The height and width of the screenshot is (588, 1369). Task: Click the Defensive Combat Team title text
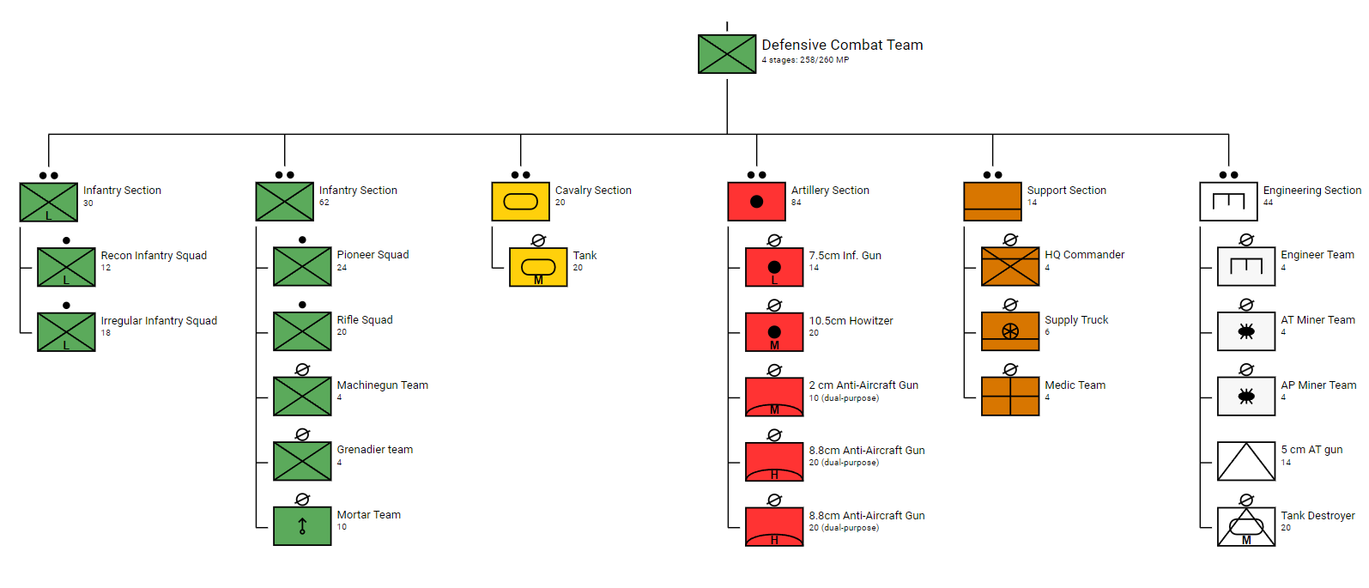click(x=842, y=45)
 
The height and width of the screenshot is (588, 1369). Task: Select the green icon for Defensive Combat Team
click(x=727, y=54)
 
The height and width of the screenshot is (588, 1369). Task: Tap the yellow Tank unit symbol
click(x=538, y=267)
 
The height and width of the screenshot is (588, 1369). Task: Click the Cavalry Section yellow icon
click(x=520, y=202)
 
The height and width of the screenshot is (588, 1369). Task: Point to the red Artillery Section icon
click(x=756, y=202)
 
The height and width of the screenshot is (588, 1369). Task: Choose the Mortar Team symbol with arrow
click(x=302, y=526)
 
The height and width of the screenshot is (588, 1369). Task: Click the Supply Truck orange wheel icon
click(x=1010, y=331)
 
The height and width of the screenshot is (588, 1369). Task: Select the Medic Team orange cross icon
click(x=1010, y=397)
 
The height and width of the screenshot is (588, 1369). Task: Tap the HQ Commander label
click(x=1084, y=255)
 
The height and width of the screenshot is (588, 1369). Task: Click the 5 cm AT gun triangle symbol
click(x=1246, y=462)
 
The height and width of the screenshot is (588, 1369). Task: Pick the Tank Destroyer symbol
click(x=1246, y=527)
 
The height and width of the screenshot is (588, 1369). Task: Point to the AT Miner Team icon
click(x=1246, y=331)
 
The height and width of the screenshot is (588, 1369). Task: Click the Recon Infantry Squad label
click(x=154, y=256)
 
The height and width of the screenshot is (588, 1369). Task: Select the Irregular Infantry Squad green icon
click(x=66, y=332)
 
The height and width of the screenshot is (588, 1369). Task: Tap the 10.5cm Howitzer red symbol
click(x=774, y=332)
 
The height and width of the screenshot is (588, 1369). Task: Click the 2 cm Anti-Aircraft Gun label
click(x=863, y=385)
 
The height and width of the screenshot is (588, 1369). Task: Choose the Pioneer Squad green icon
click(x=302, y=266)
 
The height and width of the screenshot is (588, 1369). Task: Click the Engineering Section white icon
click(x=1228, y=202)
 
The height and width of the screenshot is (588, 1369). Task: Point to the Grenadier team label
click(x=374, y=450)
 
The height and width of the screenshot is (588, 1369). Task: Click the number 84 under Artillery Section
click(x=797, y=203)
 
